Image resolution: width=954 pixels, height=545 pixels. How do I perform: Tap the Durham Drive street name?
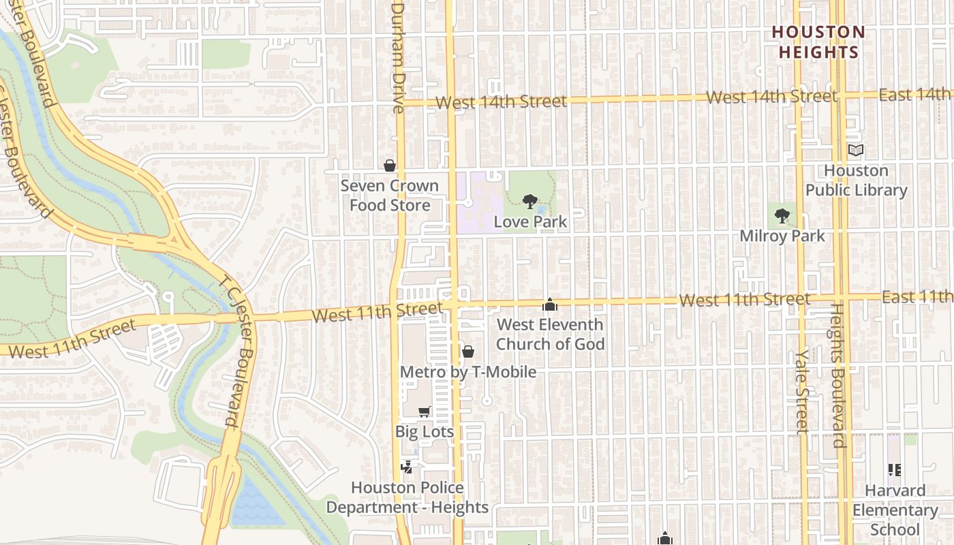tap(398, 57)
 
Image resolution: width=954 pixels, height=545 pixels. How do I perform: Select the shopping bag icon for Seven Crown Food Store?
tap(390, 166)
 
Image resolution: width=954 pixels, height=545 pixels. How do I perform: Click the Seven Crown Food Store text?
tap(390, 196)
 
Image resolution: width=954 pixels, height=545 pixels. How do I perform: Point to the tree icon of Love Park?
tap(529, 201)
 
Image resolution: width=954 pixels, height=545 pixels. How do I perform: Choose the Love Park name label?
tap(530, 221)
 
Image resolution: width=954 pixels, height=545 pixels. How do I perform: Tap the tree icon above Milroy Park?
tap(782, 217)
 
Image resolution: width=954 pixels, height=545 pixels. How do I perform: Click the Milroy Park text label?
tap(782, 236)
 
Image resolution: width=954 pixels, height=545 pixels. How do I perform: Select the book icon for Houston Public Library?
tap(856, 150)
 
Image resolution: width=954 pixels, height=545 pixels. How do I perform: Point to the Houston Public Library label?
tap(857, 181)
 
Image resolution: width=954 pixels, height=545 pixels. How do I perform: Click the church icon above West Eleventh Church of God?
tap(550, 305)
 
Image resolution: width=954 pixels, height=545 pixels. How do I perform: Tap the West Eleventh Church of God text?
tap(550, 334)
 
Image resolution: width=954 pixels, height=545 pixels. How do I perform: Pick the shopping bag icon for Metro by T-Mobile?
tap(468, 352)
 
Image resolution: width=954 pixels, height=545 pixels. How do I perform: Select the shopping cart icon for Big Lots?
tap(425, 411)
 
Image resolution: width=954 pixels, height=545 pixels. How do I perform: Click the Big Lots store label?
tap(425, 432)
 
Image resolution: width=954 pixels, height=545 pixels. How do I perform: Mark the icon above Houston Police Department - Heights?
tap(407, 467)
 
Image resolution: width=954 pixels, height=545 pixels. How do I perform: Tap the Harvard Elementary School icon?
tap(895, 470)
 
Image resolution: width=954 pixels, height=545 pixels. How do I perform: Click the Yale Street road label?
tap(802, 392)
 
